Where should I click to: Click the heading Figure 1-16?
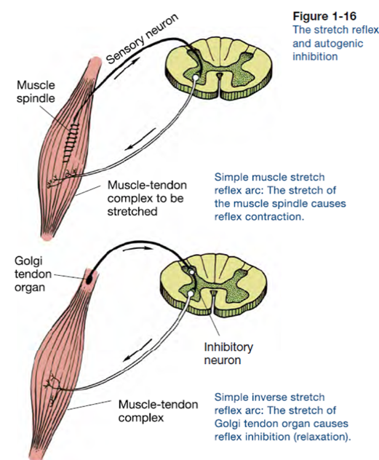tap(324, 16)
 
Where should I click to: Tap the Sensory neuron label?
tap(142, 39)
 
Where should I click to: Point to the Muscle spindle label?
tap(36, 91)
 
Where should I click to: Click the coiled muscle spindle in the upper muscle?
tap(71, 141)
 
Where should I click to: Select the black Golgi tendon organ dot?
tap(89, 280)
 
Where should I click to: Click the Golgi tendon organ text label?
tap(29, 274)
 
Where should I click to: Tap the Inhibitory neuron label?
tap(228, 353)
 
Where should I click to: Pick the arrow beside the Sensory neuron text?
tap(127, 68)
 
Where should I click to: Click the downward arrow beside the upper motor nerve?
tap(140, 139)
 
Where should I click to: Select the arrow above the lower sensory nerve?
tap(137, 249)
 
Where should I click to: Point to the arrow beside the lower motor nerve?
tap(137, 350)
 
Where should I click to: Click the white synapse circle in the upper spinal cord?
tap(196, 77)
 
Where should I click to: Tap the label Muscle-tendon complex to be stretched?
tap(147, 198)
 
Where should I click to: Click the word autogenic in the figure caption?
tap(327, 44)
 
